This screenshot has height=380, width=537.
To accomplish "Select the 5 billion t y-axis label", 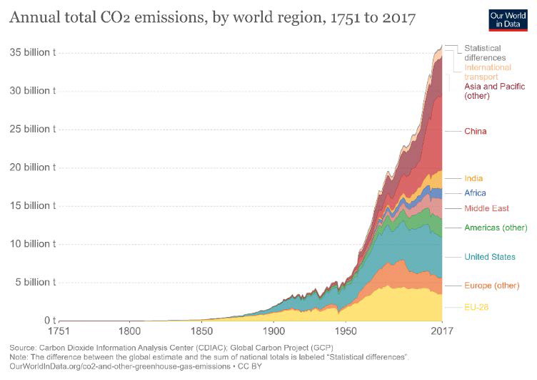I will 34,282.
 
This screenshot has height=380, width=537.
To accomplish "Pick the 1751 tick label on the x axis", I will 60,331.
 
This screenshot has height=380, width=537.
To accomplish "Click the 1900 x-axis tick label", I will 273,331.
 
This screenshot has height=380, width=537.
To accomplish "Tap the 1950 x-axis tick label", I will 346,331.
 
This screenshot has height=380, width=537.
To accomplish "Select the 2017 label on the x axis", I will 442,331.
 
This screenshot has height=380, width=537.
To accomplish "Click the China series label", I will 476,132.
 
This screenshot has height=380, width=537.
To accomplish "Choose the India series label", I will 473,178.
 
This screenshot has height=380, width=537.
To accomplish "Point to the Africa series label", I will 475,193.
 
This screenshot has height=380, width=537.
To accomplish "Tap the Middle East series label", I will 486,208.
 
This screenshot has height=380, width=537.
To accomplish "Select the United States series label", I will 489,257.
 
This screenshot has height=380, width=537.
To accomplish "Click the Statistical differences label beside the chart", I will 486,52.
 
